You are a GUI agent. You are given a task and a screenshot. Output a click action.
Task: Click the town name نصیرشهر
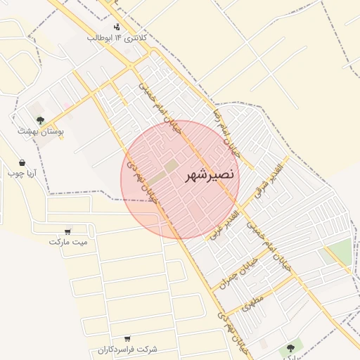[210, 175]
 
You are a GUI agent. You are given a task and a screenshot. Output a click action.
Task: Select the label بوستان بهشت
[41, 131]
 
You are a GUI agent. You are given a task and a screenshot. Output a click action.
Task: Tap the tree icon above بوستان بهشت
[41, 120]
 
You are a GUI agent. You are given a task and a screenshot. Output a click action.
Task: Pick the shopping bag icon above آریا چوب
[22, 162]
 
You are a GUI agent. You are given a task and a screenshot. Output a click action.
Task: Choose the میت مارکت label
[68, 242]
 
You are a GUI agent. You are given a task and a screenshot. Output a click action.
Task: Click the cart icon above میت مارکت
[68, 231]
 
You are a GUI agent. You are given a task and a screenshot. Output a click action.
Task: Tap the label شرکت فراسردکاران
[127, 349]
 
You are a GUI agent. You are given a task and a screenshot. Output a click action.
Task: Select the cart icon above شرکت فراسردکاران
[127, 339]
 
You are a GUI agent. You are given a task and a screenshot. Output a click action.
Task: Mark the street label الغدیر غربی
[229, 224]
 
